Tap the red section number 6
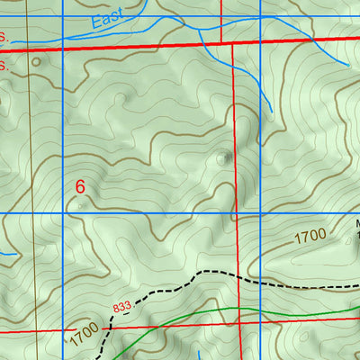tap(80, 187)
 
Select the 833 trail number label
tap(122, 308)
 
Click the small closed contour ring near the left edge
tap(36, 62)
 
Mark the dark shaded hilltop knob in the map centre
tap(222, 158)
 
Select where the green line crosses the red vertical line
tap(239, 309)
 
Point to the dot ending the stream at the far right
tap(347, 64)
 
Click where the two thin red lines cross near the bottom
tap(241, 328)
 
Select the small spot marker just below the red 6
tap(82, 205)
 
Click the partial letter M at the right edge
tap(356, 225)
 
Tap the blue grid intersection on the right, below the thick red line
tap(260, 213)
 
